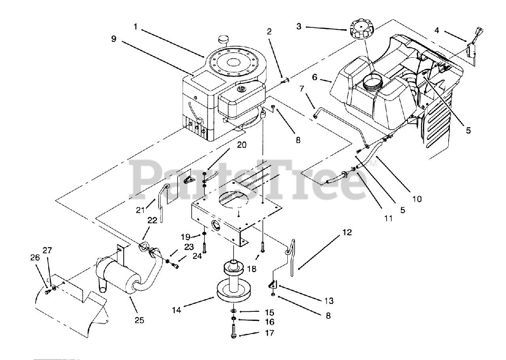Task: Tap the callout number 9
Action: (x=114, y=39)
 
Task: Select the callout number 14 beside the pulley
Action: (x=177, y=311)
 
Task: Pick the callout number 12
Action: (x=347, y=233)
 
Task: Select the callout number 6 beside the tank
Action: (x=315, y=77)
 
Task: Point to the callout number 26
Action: (x=35, y=257)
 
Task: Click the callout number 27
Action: (x=47, y=250)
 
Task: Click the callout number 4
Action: (x=436, y=30)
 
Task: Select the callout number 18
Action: (x=251, y=269)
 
